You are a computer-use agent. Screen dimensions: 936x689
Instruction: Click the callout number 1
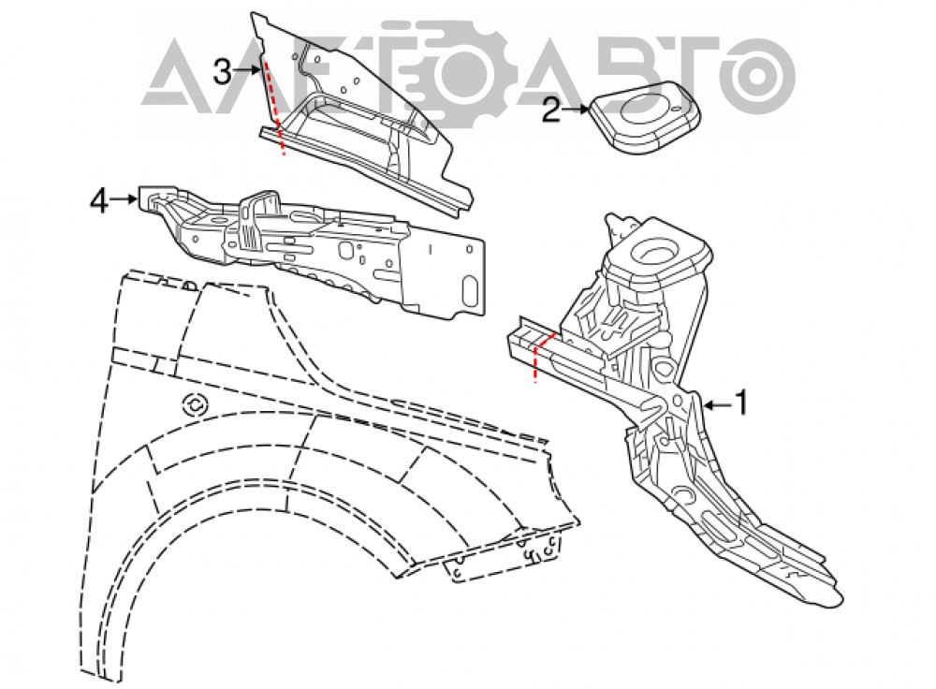[x=740, y=403]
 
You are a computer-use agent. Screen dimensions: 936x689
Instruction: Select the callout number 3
[x=222, y=72]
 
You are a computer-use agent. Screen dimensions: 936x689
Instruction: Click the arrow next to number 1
[x=718, y=405]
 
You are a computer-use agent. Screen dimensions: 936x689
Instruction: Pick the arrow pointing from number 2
[x=576, y=110]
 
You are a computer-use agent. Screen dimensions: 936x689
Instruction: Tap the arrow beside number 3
[x=248, y=70]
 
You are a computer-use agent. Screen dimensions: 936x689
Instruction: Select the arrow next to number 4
[x=124, y=198]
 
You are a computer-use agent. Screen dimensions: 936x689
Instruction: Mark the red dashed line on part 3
[x=274, y=107]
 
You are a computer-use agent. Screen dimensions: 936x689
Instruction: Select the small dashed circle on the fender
[x=196, y=405]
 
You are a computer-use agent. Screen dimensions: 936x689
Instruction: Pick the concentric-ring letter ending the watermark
[x=757, y=77]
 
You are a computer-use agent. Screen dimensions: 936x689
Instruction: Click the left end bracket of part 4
[x=155, y=198]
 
